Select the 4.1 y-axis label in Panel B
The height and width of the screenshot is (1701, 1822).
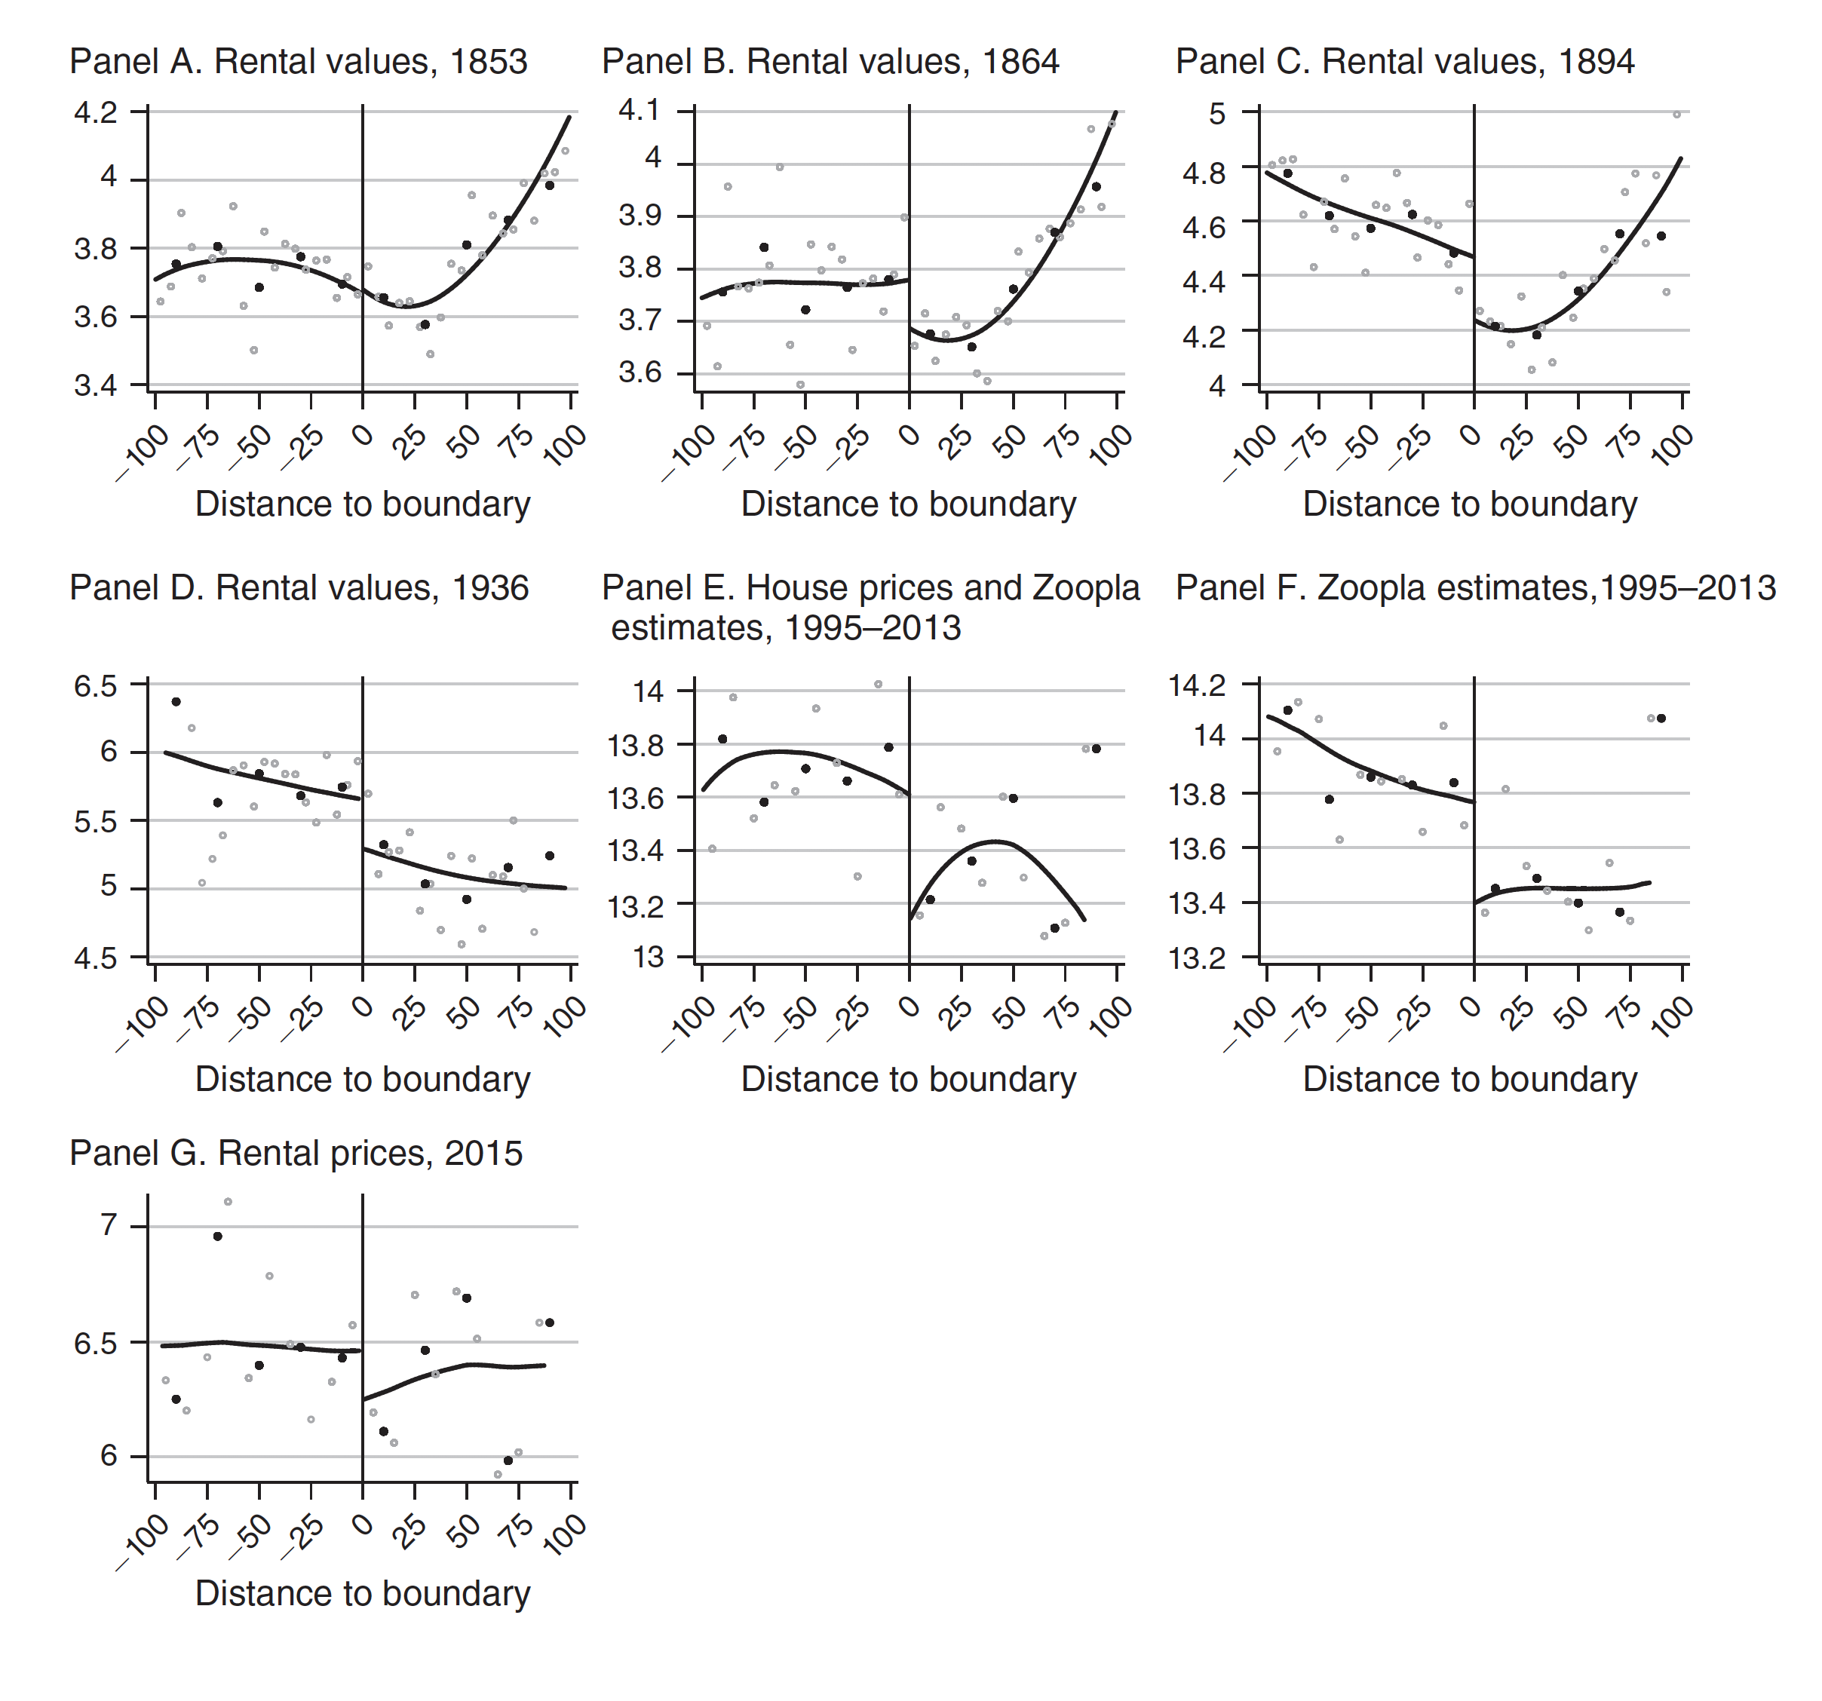click(639, 111)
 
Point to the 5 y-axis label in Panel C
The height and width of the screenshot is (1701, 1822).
click(1216, 114)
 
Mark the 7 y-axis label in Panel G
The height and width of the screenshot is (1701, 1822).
click(109, 1224)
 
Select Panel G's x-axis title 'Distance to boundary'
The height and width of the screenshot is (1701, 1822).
click(362, 1593)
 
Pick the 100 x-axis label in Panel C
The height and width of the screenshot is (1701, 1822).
click(1672, 447)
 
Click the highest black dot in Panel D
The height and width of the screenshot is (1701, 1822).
click(176, 702)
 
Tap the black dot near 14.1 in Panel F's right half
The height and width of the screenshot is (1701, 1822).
click(1661, 719)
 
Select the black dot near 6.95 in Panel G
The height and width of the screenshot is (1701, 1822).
click(217, 1237)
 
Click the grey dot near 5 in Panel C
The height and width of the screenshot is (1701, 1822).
click(1676, 115)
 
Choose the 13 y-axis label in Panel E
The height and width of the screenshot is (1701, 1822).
click(648, 958)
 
